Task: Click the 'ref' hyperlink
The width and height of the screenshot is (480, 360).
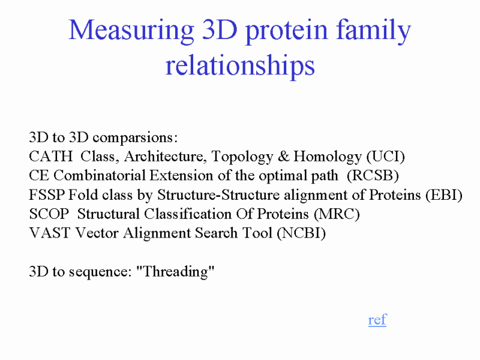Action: (x=377, y=320)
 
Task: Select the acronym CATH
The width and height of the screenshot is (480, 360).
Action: (x=51, y=156)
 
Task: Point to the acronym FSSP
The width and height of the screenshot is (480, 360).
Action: (x=47, y=194)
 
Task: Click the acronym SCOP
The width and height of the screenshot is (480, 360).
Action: (x=49, y=214)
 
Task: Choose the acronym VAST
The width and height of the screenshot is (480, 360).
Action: (x=50, y=233)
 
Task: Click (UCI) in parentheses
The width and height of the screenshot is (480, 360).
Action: (x=386, y=157)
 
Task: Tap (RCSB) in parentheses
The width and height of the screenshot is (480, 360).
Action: (x=373, y=176)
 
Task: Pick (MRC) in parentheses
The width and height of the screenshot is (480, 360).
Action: (x=337, y=214)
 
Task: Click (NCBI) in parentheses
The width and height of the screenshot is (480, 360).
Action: (x=301, y=233)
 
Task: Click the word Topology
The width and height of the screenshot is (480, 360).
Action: (x=242, y=157)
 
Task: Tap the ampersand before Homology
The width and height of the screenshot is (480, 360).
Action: (x=283, y=157)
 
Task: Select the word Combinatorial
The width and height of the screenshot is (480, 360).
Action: (x=100, y=175)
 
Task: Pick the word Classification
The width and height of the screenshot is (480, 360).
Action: (x=188, y=214)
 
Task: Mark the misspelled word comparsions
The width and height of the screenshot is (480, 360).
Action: (x=134, y=138)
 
